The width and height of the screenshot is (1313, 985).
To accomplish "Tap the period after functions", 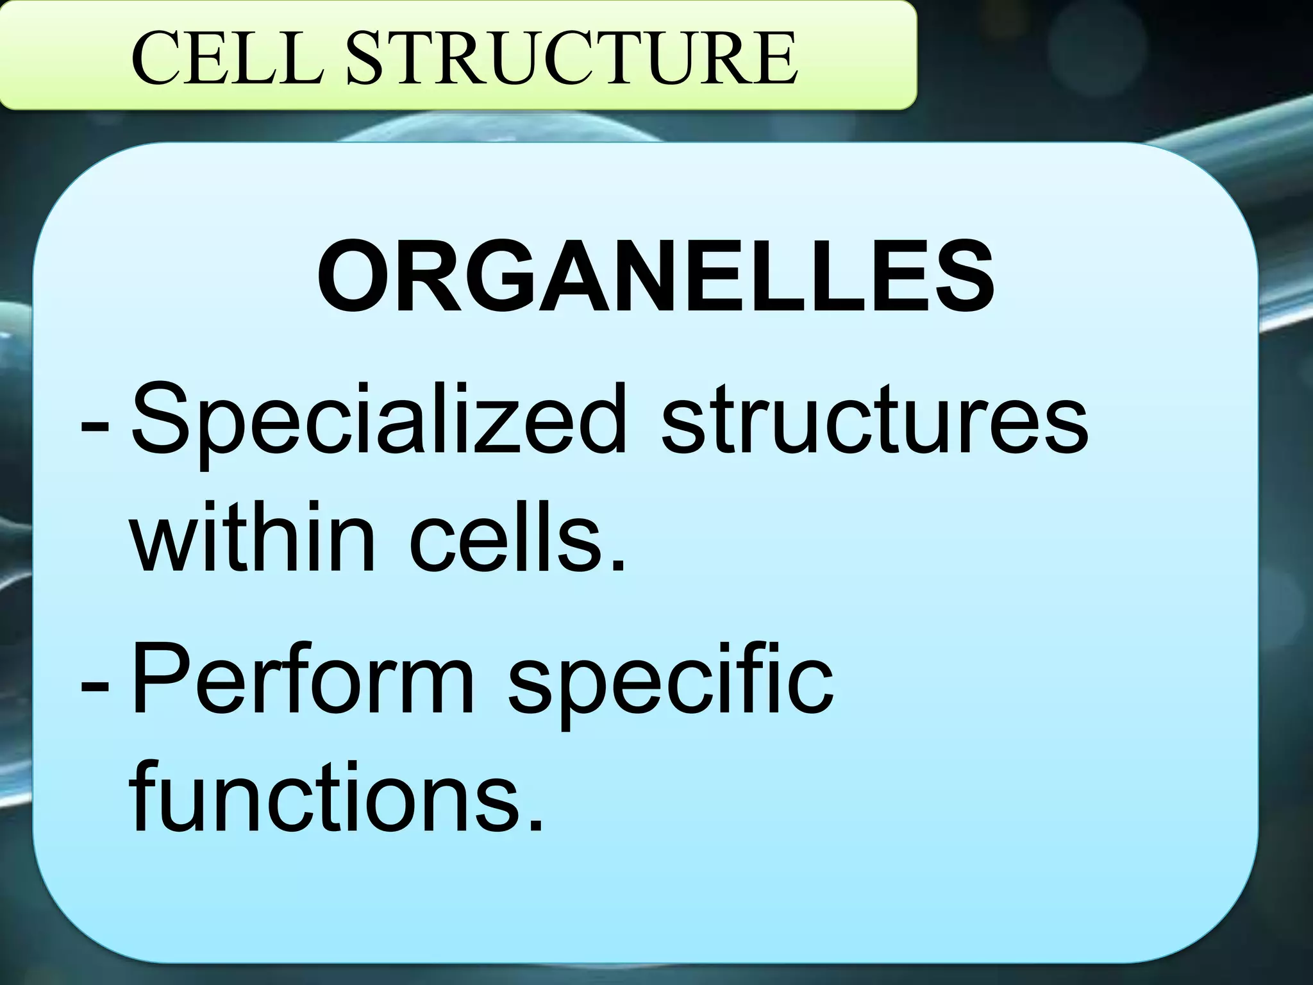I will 535,825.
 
